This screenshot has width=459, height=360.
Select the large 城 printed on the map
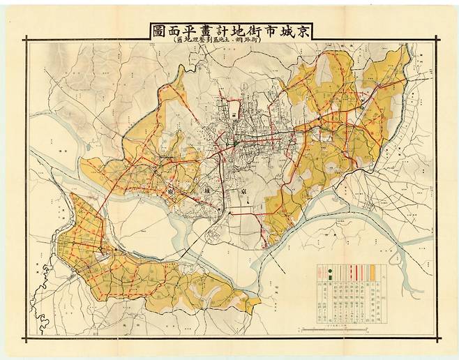coord(204,190)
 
